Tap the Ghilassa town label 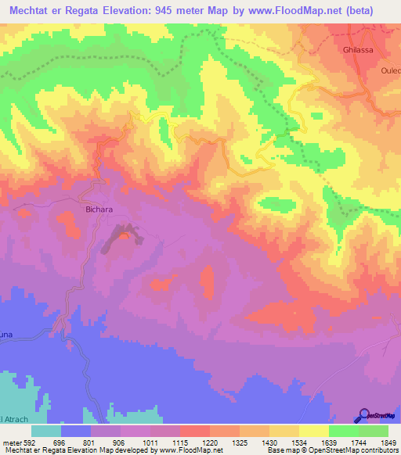pos(359,49)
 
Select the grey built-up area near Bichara pos(122,236)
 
